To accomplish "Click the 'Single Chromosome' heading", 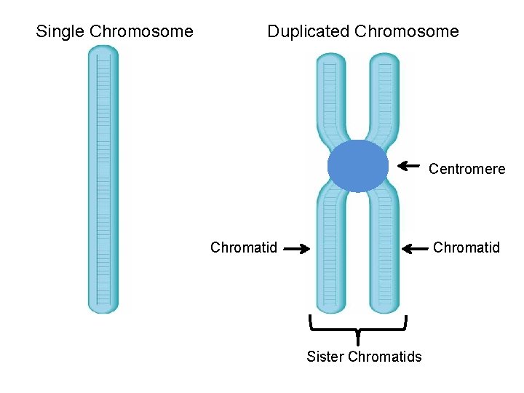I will coord(114,31).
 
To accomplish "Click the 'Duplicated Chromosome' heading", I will coord(362,31).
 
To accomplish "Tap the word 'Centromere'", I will coord(467,169).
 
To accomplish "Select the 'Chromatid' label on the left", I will coord(244,247).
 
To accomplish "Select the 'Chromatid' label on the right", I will coord(467,247).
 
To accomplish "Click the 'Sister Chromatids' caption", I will coord(364,357).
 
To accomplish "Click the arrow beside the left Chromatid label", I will coord(296,248).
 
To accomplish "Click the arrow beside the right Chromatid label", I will coord(416,248).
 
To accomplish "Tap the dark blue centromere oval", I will coord(357,166).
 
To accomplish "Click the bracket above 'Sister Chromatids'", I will coord(357,326).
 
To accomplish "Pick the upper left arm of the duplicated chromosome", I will coord(331,95).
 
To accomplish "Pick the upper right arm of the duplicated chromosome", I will coord(384,95).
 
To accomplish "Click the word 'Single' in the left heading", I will coord(60,31).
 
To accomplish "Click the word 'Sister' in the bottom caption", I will coord(325,357).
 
